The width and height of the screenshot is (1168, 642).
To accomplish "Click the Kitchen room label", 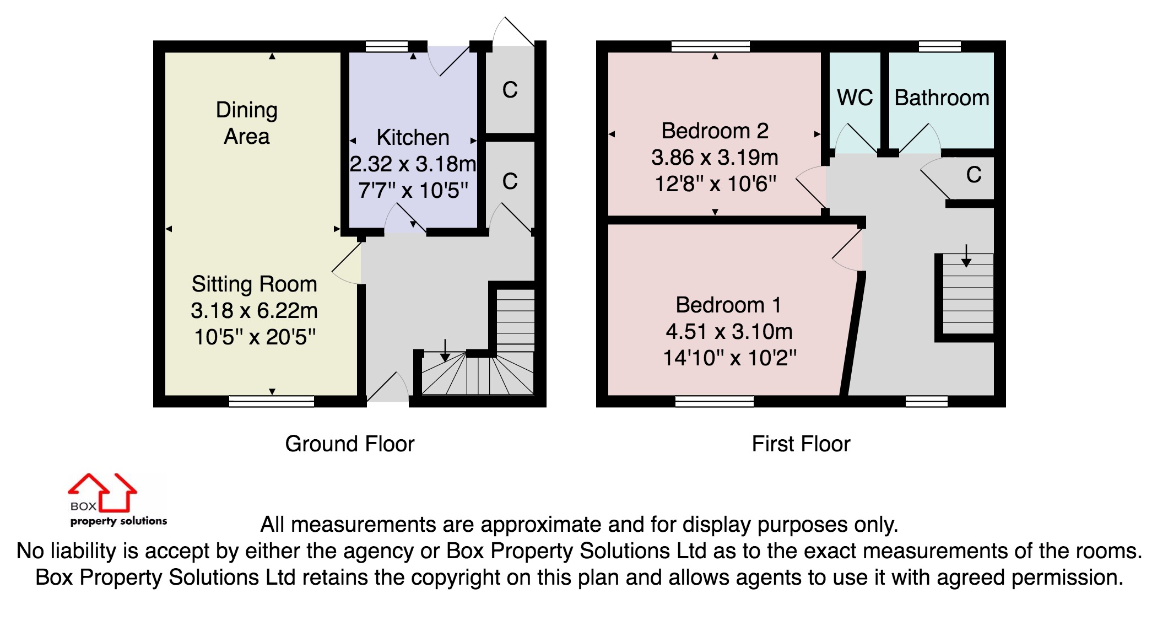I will tap(413, 137).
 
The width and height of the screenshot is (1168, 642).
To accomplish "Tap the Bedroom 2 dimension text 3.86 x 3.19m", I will tap(715, 158).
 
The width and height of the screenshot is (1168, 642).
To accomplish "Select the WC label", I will tap(855, 98).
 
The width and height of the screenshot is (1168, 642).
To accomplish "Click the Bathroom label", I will tap(942, 98).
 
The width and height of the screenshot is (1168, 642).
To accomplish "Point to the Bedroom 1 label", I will tap(728, 305).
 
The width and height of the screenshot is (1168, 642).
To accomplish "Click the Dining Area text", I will tap(246, 123).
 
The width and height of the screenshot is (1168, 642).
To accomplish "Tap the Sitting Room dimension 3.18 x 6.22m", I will tap(254, 311).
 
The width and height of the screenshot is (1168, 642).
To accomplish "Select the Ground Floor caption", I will tap(349, 444).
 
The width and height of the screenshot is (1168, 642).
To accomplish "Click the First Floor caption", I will tap(801, 444).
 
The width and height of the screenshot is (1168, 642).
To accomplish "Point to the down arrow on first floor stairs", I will tap(966, 257).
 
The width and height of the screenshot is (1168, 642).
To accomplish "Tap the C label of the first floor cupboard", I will tap(974, 175).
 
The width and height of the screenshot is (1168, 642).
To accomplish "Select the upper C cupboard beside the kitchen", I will tap(510, 90).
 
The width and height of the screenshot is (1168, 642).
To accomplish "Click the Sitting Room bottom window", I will tap(271, 401).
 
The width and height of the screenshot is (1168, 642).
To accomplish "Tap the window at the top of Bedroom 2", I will tap(711, 46).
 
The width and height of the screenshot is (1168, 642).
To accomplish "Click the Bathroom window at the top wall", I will tap(940, 46).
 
